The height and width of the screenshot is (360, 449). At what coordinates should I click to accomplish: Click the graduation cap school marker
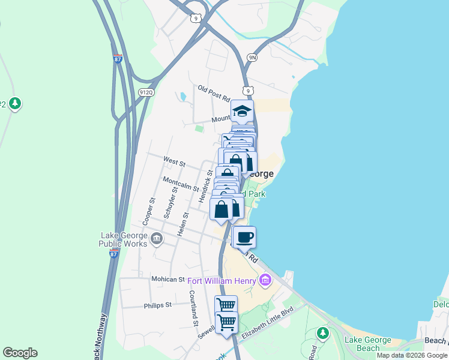coord(242,112)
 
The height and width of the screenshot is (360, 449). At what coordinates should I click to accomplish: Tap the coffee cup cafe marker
coord(244,238)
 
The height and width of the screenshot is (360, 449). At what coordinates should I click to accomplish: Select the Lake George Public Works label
coord(124,240)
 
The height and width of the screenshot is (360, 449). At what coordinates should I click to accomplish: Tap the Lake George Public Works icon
coord(157,239)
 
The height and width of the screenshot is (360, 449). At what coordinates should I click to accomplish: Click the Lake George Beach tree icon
coord(323,332)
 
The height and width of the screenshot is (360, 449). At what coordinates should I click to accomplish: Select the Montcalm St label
coord(181,183)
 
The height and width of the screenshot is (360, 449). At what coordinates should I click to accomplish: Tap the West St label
coord(175,163)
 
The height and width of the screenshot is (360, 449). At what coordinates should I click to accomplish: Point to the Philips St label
coord(158,305)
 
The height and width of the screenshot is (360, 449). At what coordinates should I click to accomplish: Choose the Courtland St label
coord(193,308)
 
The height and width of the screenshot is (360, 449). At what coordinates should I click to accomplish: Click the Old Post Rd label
coord(214,92)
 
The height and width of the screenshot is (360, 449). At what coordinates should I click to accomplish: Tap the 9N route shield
coord(253,58)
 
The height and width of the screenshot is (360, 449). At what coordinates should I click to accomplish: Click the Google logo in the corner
coord(20,353)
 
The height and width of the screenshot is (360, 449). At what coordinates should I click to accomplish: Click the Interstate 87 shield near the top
coord(118,59)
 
